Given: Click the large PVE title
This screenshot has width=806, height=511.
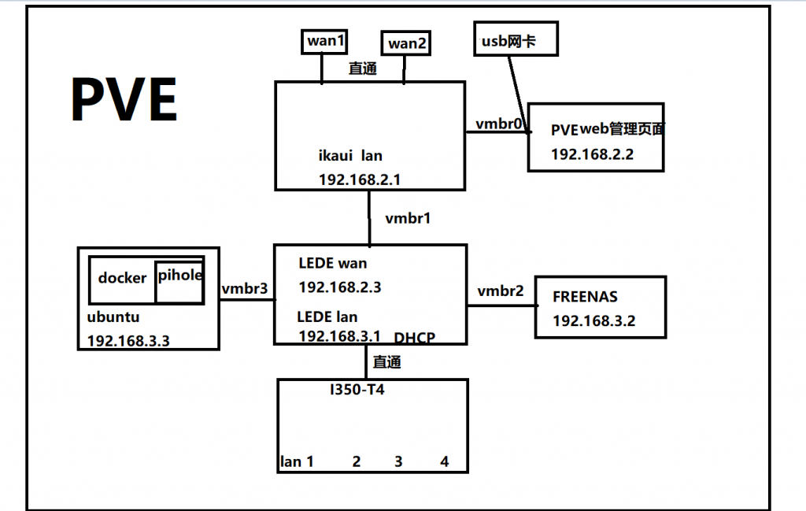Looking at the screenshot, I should tap(124, 100).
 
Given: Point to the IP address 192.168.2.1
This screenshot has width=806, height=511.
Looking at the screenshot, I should tap(360, 180).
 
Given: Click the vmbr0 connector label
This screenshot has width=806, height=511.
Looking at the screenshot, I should tap(498, 124).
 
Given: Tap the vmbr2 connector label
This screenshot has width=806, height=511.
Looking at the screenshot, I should tap(501, 291).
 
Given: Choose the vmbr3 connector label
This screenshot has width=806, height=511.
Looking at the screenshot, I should tap(245, 289).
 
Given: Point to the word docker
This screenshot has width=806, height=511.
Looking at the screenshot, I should tap(122, 278).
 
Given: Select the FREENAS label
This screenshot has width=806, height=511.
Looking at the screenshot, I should tap(585, 297).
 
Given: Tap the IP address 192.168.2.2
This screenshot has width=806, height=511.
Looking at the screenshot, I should tap(592, 154).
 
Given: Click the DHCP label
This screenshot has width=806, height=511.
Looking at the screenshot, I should tap(415, 337).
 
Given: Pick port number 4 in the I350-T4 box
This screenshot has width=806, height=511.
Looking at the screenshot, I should tap(445, 461).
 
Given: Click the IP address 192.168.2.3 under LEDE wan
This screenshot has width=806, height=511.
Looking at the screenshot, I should tap(340, 287).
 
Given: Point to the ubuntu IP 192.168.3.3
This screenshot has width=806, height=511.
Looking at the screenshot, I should tap(128, 341).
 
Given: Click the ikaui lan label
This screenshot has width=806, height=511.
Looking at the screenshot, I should tap(350, 156).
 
